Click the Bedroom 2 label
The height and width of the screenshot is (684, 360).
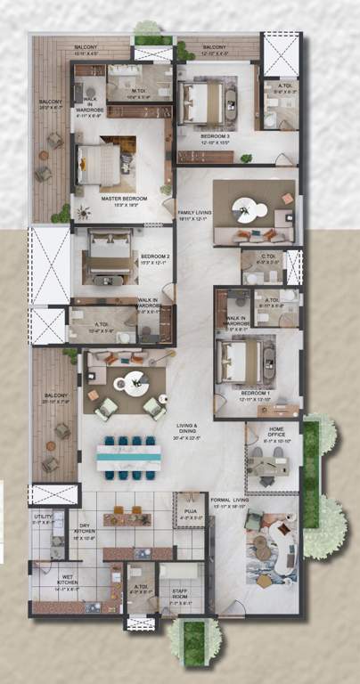pos(155,259)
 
